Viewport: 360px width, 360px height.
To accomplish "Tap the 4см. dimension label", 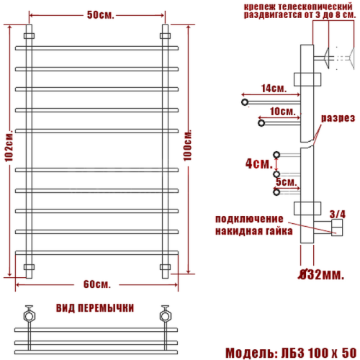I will tap(256, 163).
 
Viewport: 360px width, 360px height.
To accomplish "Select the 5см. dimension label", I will tap(287, 182).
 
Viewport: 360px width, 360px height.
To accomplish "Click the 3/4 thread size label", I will tap(336, 212).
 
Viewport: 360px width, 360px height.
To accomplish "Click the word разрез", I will tap(337, 118).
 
